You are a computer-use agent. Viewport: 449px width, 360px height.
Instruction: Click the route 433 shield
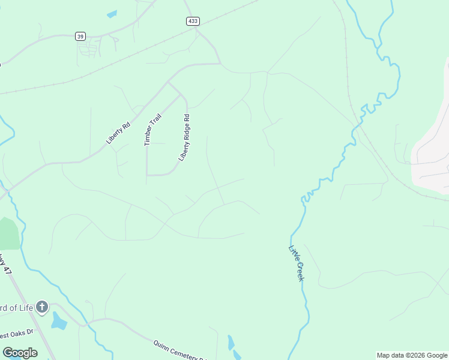(192, 21)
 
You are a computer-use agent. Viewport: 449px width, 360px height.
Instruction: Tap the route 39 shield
(80, 36)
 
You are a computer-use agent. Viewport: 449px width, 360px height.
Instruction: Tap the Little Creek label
(297, 263)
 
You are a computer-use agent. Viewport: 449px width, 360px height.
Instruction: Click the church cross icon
(41, 308)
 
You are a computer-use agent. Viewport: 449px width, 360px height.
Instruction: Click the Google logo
(20, 353)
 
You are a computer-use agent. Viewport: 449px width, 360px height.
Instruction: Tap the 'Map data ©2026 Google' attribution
(412, 355)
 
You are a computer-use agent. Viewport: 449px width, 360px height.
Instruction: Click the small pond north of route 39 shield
(112, 14)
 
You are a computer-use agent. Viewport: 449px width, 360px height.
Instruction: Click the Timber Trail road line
(147, 159)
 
